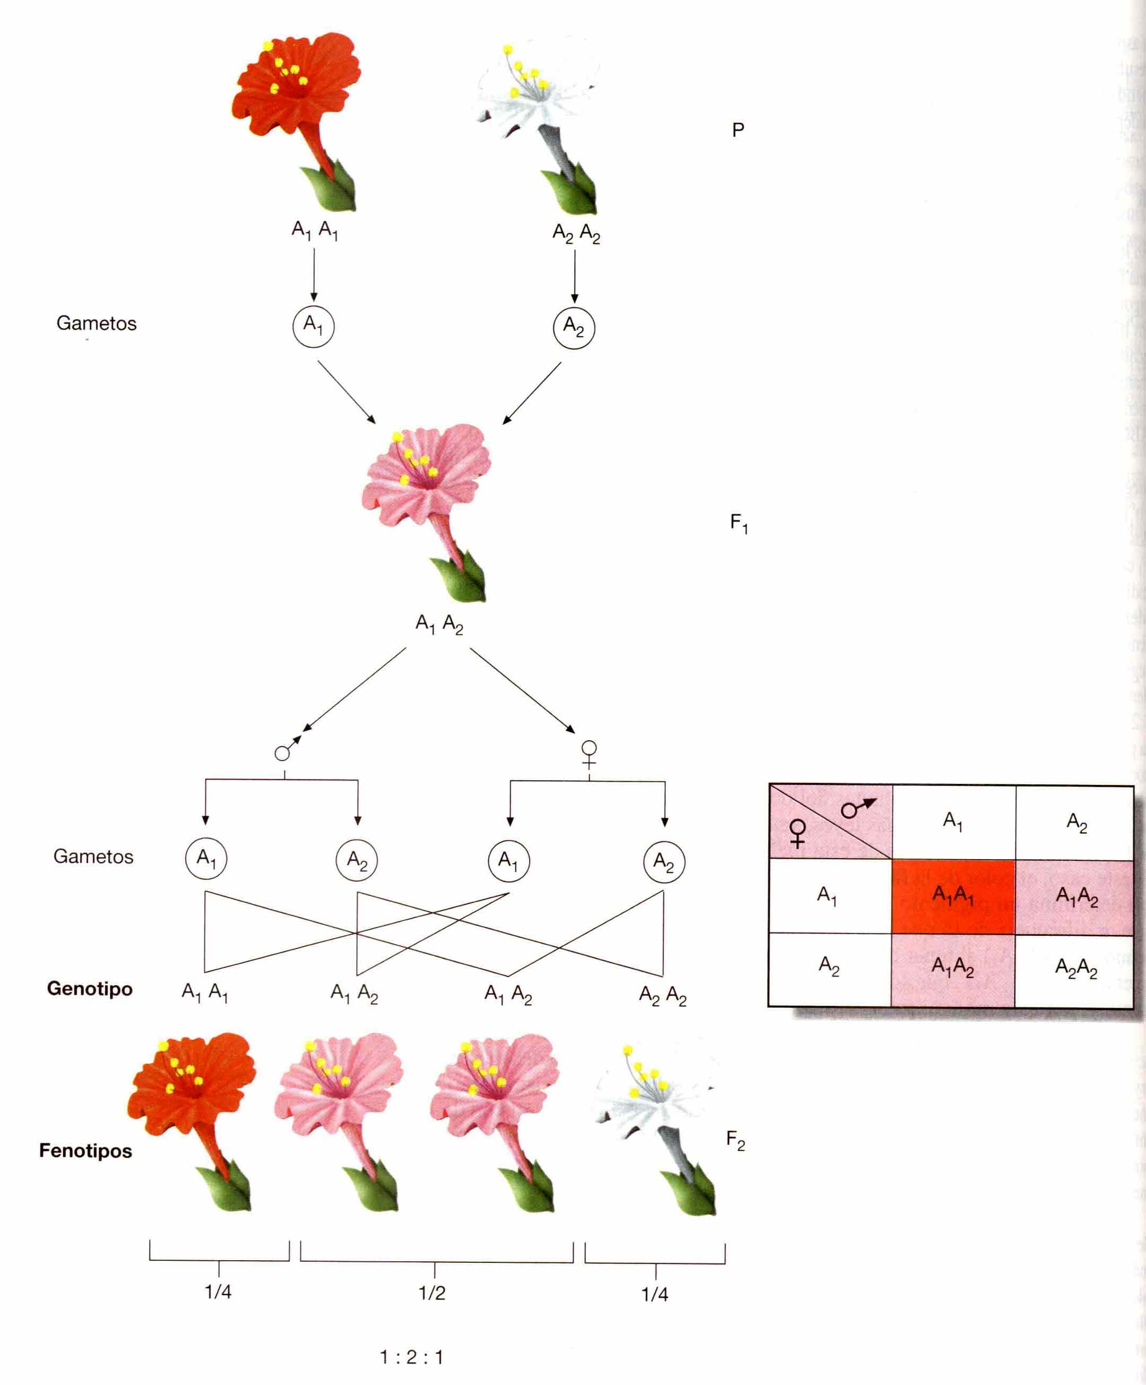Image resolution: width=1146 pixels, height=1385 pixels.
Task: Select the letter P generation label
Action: (738, 130)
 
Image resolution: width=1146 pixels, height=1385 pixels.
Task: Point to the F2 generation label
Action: (735, 1140)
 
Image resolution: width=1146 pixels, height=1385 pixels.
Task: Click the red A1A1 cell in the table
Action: (953, 896)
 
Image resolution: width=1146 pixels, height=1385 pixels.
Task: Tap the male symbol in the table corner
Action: (858, 807)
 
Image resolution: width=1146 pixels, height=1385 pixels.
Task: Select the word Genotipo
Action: (90, 989)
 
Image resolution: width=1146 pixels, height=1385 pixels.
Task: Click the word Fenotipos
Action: (85, 1151)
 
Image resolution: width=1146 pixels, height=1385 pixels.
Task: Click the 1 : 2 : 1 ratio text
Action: (411, 1357)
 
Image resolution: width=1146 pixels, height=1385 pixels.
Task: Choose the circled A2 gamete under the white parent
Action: (574, 327)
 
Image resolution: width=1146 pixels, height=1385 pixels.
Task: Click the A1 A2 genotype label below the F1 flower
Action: (439, 624)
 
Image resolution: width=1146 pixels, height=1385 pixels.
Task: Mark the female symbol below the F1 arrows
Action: (589, 754)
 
